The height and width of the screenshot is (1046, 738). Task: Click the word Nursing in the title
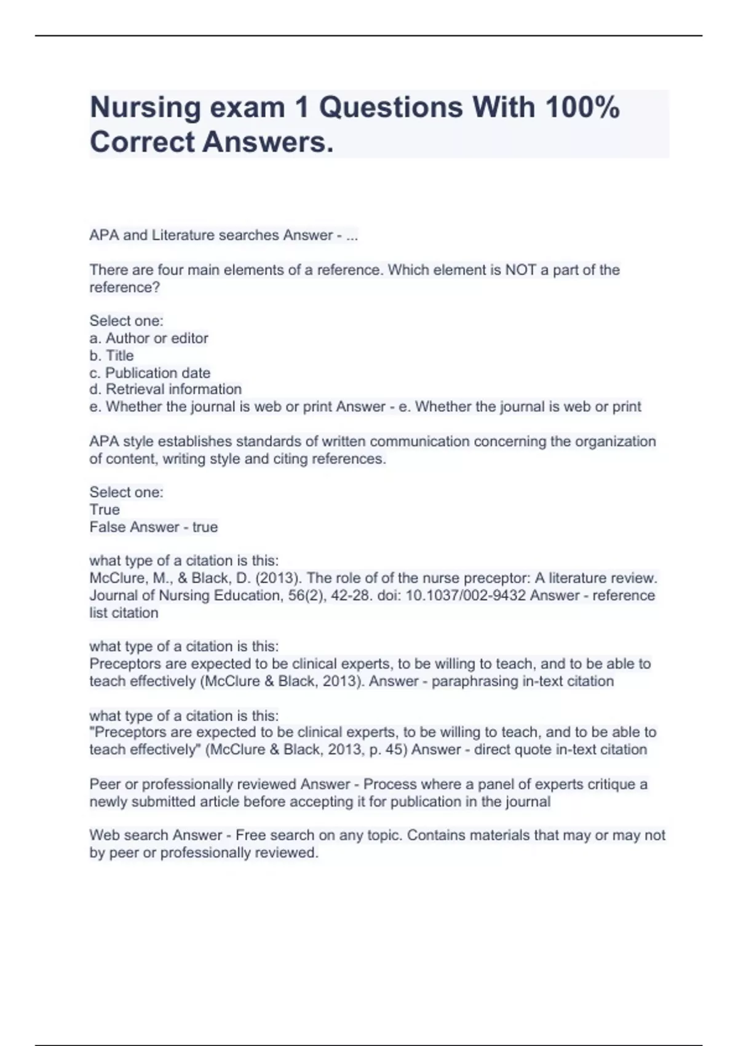coord(145,108)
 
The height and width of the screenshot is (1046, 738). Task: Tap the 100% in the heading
coord(582,107)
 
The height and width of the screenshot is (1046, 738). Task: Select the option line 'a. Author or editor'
coord(149,338)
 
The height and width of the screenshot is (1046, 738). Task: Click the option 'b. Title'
coord(111,356)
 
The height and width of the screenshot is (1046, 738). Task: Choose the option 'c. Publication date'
coord(150,373)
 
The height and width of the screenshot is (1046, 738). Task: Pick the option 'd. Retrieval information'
coord(165,389)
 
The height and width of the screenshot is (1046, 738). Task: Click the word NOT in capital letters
coord(520,270)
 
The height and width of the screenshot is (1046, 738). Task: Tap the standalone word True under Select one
coord(105,509)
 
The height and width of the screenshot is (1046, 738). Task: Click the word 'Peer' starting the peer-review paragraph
coord(105,784)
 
